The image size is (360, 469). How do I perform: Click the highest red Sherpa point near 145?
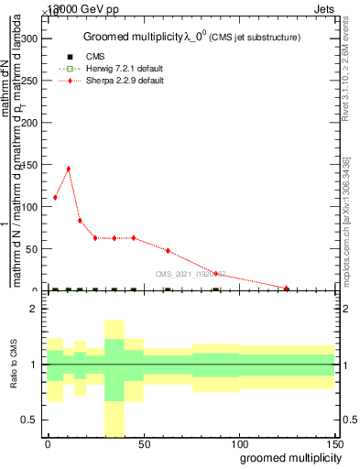click(x=69, y=169)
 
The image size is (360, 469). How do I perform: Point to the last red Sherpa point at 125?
click(x=287, y=289)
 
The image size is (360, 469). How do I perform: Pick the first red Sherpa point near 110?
click(x=55, y=197)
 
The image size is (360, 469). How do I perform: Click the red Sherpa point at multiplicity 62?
click(x=168, y=250)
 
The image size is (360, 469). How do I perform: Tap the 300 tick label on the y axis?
click(x=29, y=39)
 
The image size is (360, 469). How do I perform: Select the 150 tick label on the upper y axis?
click(x=29, y=165)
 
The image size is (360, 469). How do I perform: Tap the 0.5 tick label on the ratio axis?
click(x=29, y=420)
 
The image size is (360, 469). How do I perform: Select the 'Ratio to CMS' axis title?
click(x=13, y=367)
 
